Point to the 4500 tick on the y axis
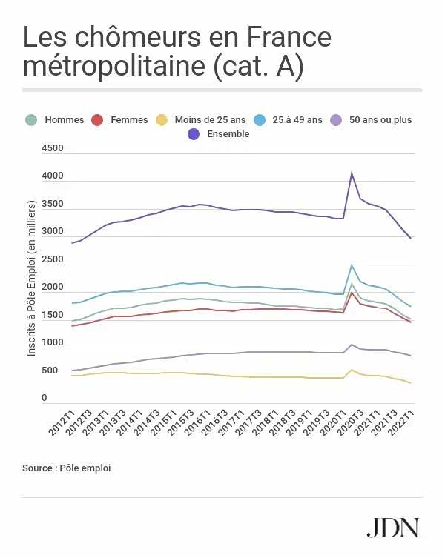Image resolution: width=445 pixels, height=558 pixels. pos(51,148)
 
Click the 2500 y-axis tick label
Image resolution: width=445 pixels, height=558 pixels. pos(51,259)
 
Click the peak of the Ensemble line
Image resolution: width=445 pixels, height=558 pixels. pos(352,173)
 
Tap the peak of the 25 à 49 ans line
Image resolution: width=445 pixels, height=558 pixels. pos(352,265)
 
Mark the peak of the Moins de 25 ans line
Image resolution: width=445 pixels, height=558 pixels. pos(352,370)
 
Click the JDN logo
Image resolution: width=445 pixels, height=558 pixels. pos(392,527)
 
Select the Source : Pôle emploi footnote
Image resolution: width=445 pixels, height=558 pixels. pos(66,468)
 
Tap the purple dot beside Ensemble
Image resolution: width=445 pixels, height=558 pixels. pos(194,134)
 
